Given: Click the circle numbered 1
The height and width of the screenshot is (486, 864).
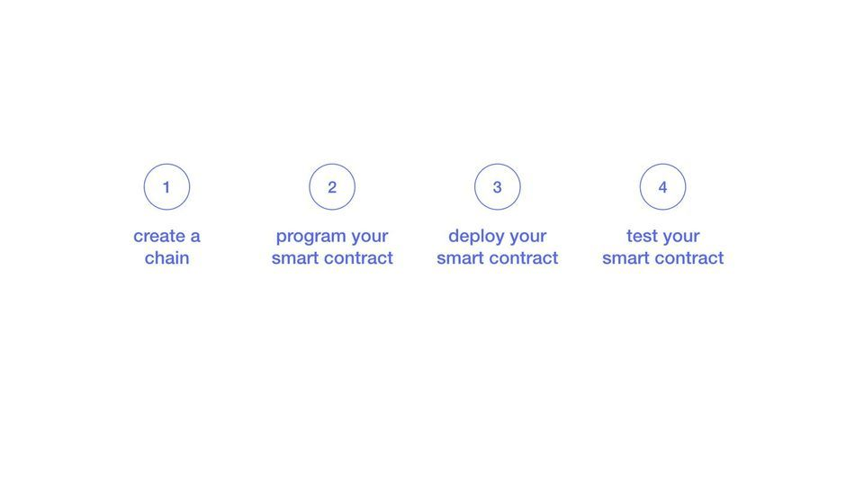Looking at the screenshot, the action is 166,164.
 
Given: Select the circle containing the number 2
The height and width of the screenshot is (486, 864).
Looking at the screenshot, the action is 332,164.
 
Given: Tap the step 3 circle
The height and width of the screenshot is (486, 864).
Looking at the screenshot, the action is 497,164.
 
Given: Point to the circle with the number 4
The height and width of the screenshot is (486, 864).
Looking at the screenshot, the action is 662,164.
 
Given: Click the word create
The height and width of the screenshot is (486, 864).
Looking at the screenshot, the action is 159,237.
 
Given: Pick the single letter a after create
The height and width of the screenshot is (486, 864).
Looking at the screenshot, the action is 195,238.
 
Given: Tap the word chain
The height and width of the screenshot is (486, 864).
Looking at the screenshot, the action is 167,258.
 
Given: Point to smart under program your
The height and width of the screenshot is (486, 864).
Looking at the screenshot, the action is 296,258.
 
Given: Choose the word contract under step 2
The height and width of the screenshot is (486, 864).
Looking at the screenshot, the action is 359,258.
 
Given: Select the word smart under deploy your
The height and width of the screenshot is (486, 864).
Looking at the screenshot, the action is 461,258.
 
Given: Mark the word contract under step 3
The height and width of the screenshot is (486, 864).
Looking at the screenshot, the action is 525,258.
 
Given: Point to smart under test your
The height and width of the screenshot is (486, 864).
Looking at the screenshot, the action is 626,258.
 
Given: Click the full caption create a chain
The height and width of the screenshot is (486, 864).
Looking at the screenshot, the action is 167,247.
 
